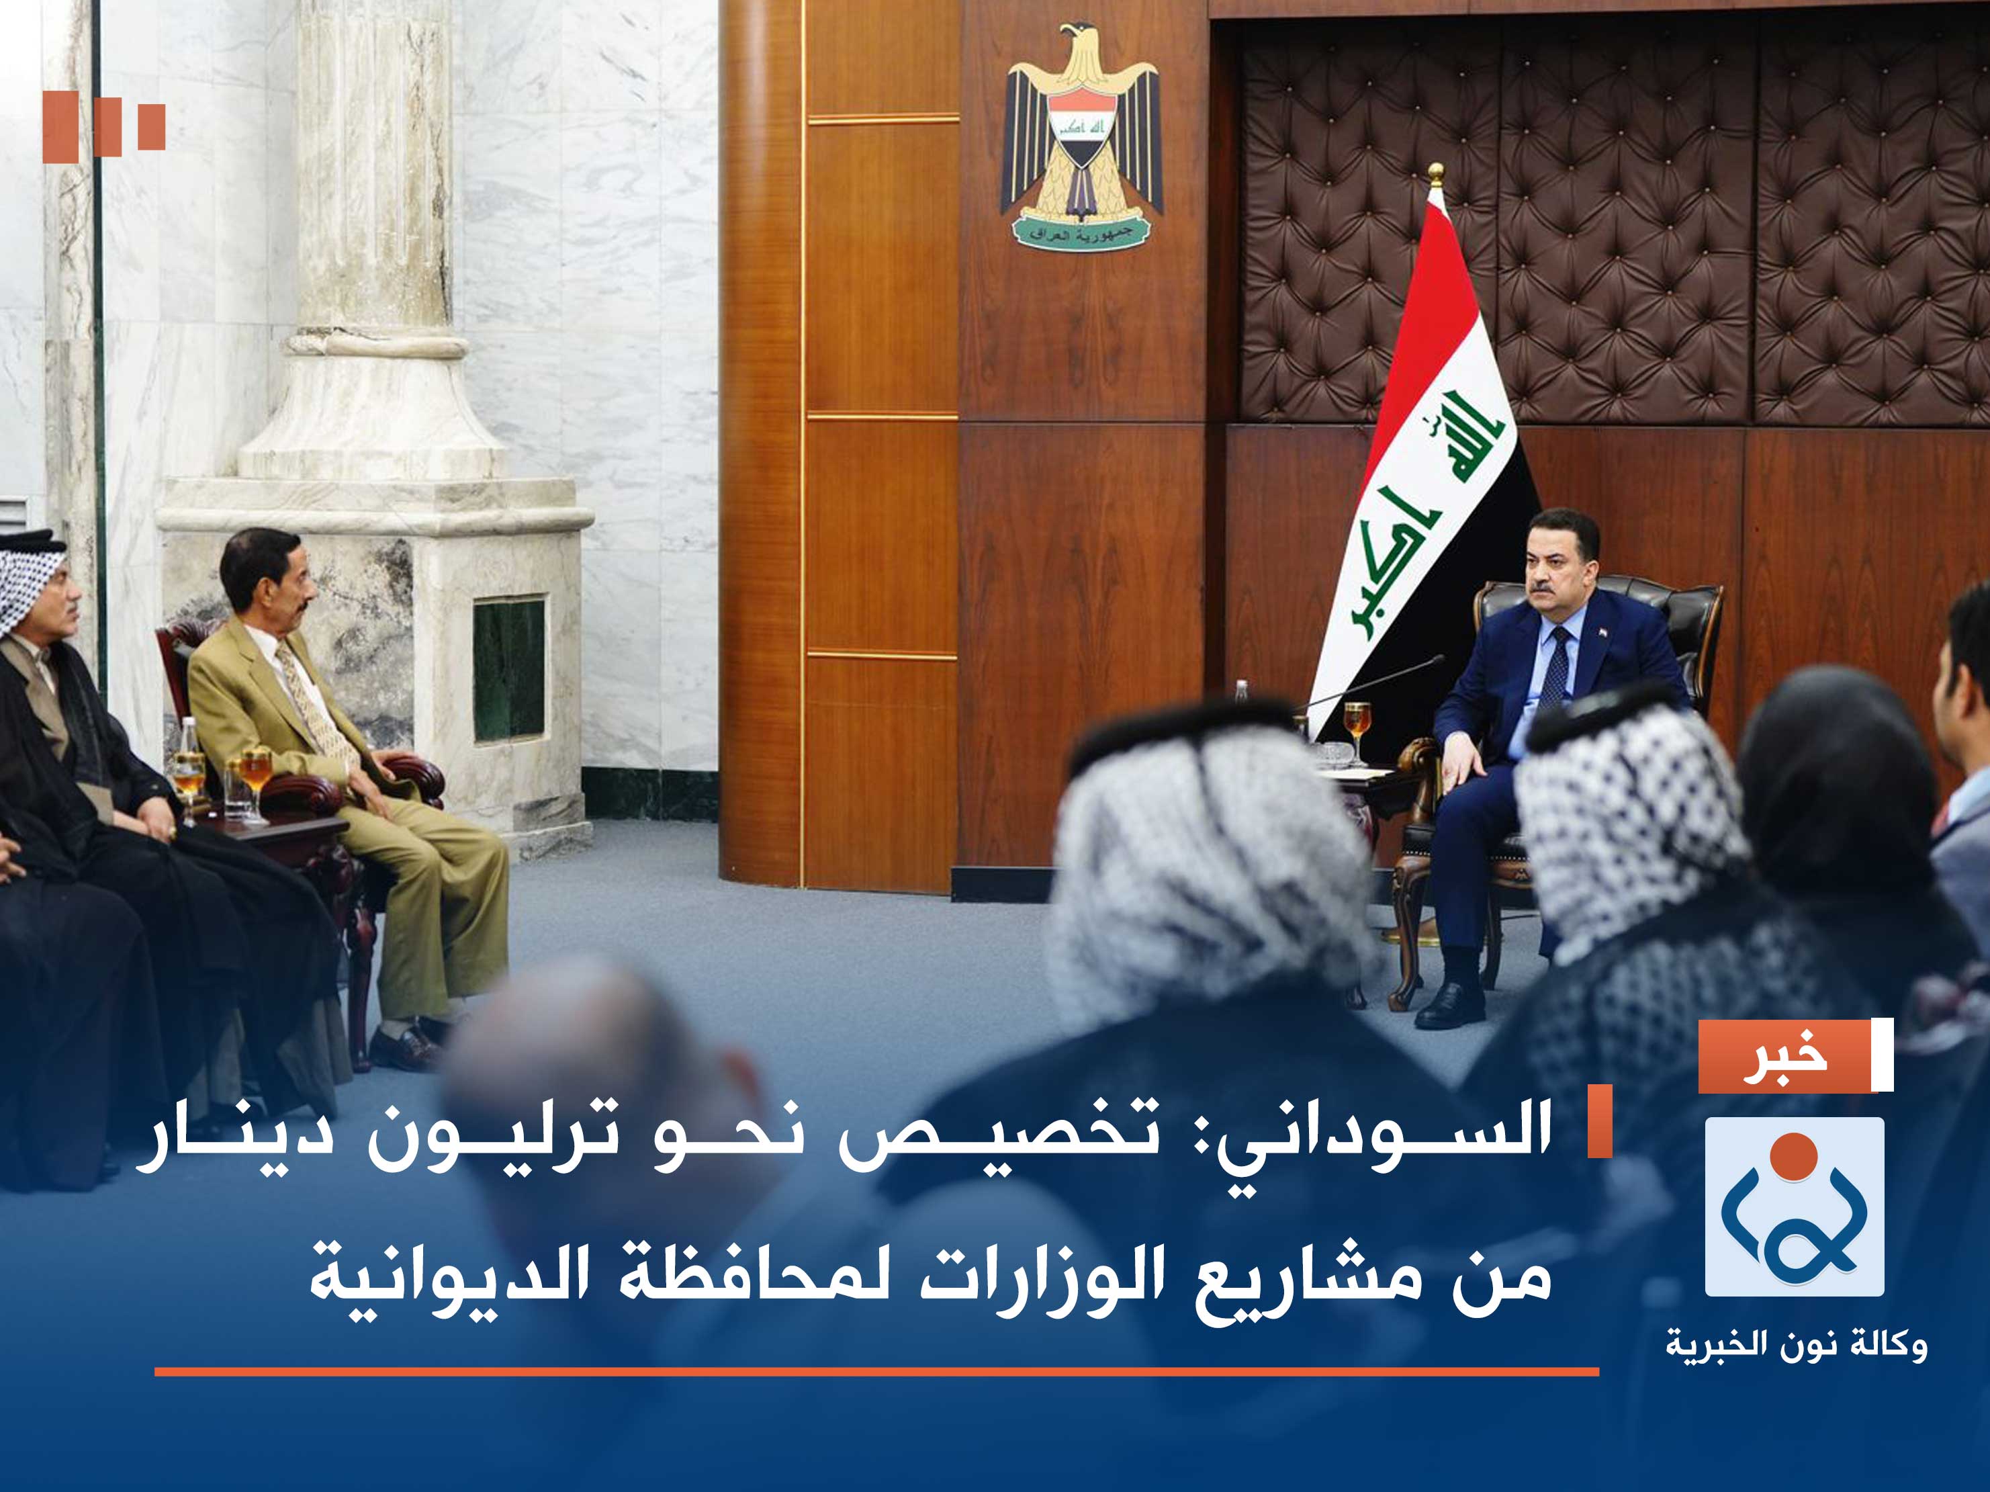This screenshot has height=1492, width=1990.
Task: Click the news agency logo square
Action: (1795, 1206)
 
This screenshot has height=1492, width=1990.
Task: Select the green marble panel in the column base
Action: (508, 670)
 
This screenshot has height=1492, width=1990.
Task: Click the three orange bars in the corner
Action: (104, 126)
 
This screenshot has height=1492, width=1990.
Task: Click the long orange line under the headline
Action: (876, 1372)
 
